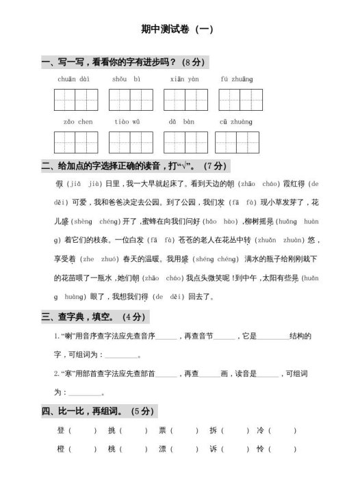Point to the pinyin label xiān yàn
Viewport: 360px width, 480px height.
[x=184, y=79]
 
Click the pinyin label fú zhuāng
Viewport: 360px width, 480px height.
[x=236, y=79]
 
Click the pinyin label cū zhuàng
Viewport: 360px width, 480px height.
[x=236, y=121]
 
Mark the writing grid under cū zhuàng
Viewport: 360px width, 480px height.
[x=236, y=142]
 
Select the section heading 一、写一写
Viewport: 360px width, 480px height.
[x=123, y=62]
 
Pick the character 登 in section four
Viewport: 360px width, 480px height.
[x=60, y=431]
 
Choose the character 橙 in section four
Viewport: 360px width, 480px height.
[x=60, y=449]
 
